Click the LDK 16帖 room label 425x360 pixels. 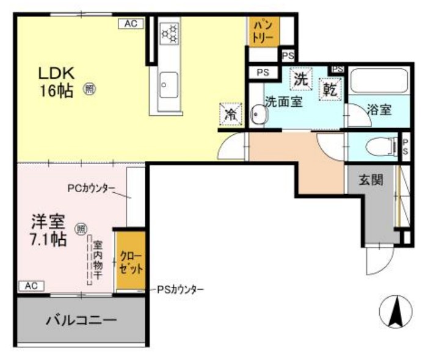coord(56,82)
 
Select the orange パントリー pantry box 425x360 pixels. coord(263,31)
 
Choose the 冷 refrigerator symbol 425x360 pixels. coord(230,113)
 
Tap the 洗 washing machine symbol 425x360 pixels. coord(300,78)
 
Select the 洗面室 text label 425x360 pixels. coord(283,103)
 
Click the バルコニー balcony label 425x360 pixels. coord(82,320)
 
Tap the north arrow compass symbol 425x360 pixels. coord(395,311)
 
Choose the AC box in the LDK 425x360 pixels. coord(130,24)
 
